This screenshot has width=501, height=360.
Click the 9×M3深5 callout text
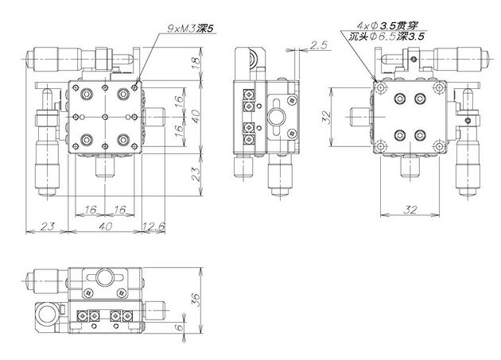[190, 29]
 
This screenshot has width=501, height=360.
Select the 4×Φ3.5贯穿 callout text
[387, 25]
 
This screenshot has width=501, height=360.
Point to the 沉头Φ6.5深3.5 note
[386, 37]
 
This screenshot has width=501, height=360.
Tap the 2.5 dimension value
[319, 45]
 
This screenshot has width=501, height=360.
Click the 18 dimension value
[196, 64]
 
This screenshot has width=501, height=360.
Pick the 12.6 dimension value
[153, 226]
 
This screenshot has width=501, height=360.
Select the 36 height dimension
[196, 300]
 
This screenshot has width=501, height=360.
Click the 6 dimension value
[180, 327]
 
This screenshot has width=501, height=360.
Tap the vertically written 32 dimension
[326, 118]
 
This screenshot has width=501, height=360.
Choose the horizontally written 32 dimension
[410, 210]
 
